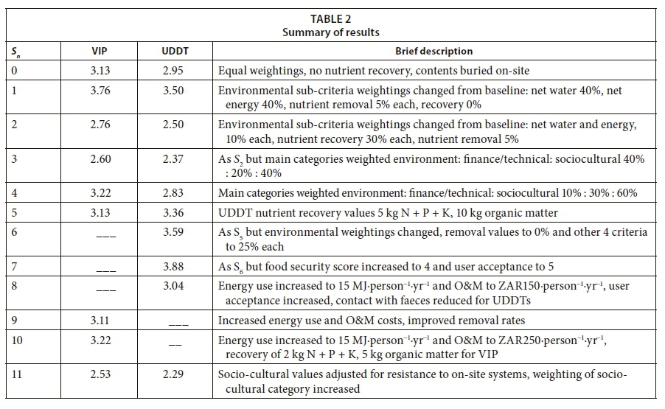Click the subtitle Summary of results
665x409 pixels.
pos(332,33)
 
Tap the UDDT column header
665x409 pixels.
pos(173,52)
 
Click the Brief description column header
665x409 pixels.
pos(434,52)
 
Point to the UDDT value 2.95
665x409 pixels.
pos(173,71)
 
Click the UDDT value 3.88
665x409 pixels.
pos(173,267)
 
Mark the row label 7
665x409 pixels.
pos(14,267)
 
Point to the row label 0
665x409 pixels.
pos(14,71)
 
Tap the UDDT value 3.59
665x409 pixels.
pos(173,232)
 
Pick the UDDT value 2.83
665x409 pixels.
pos(173,192)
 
